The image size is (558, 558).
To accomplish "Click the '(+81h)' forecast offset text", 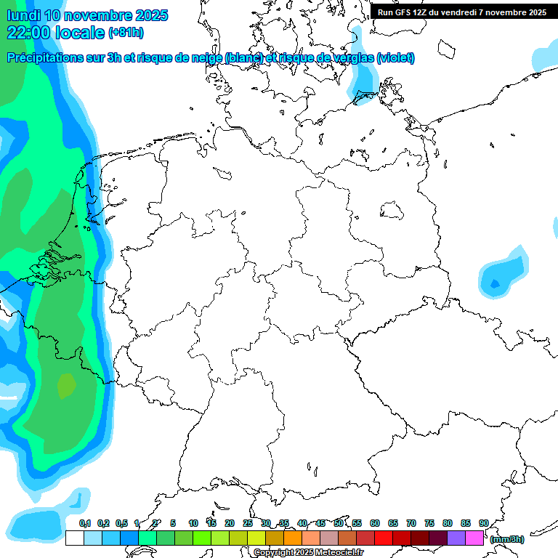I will (126, 33).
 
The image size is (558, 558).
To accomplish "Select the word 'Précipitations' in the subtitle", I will (51, 58).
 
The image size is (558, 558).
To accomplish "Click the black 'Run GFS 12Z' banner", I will (462, 12).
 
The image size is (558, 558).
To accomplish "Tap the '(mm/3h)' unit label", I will (506, 539).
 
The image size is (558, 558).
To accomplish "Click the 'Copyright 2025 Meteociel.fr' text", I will (308, 553).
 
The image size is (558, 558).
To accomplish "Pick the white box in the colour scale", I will (74, 538).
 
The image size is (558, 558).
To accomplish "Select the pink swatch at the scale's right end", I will (474, 538).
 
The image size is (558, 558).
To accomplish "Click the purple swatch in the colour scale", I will (456, 538).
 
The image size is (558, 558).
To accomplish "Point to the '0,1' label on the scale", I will (84, 523).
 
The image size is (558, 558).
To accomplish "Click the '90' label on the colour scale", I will (483, 523).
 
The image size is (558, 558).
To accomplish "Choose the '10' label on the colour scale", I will (193, 523).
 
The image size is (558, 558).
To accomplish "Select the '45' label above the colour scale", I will (320, 523).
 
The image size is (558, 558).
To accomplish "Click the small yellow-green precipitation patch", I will (66, 384).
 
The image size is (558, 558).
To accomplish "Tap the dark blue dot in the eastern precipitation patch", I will (495, 283).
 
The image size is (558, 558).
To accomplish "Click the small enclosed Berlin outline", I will (393, 211).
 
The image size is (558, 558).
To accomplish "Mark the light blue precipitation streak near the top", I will (363, 73).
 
